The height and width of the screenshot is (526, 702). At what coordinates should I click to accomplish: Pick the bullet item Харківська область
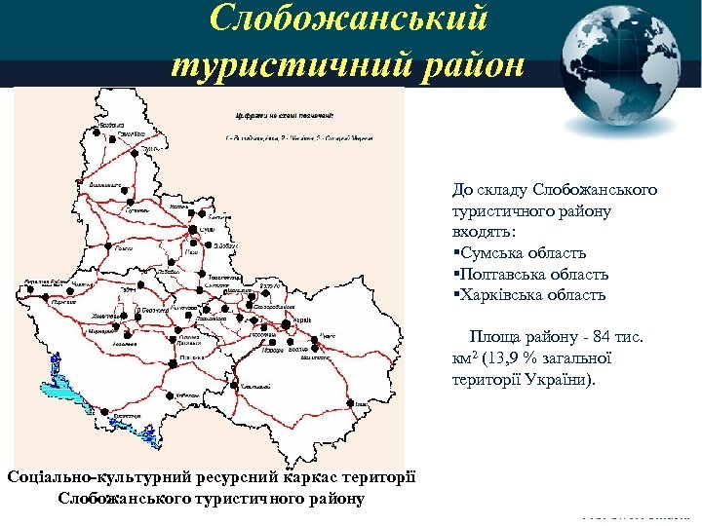[532, 294]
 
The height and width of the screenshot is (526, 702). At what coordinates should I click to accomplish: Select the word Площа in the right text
[494, 337]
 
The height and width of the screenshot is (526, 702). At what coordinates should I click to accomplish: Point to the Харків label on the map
[301, 319]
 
